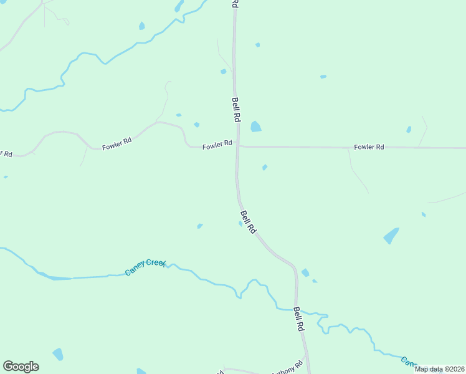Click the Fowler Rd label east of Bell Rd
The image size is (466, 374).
click(369, 147)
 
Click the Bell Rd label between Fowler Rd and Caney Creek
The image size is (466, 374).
click(247, 221)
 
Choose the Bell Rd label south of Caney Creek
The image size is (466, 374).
click(299, 319)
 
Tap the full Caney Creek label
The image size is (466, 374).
click(146, 267)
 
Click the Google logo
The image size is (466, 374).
click(21, 367)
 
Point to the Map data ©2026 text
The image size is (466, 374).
click(439, 369)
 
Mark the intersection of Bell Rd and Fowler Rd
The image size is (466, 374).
click(237, 147)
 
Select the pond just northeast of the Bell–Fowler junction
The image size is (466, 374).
click(255, 127)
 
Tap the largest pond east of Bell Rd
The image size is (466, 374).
click(391, 236)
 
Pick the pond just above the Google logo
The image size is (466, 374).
click(58, 354)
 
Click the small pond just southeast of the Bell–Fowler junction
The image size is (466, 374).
click(265, 167)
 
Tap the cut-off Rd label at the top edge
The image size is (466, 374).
click(235, 3)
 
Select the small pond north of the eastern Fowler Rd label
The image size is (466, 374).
click(409, 130)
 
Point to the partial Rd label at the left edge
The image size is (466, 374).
click(6, 153)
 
